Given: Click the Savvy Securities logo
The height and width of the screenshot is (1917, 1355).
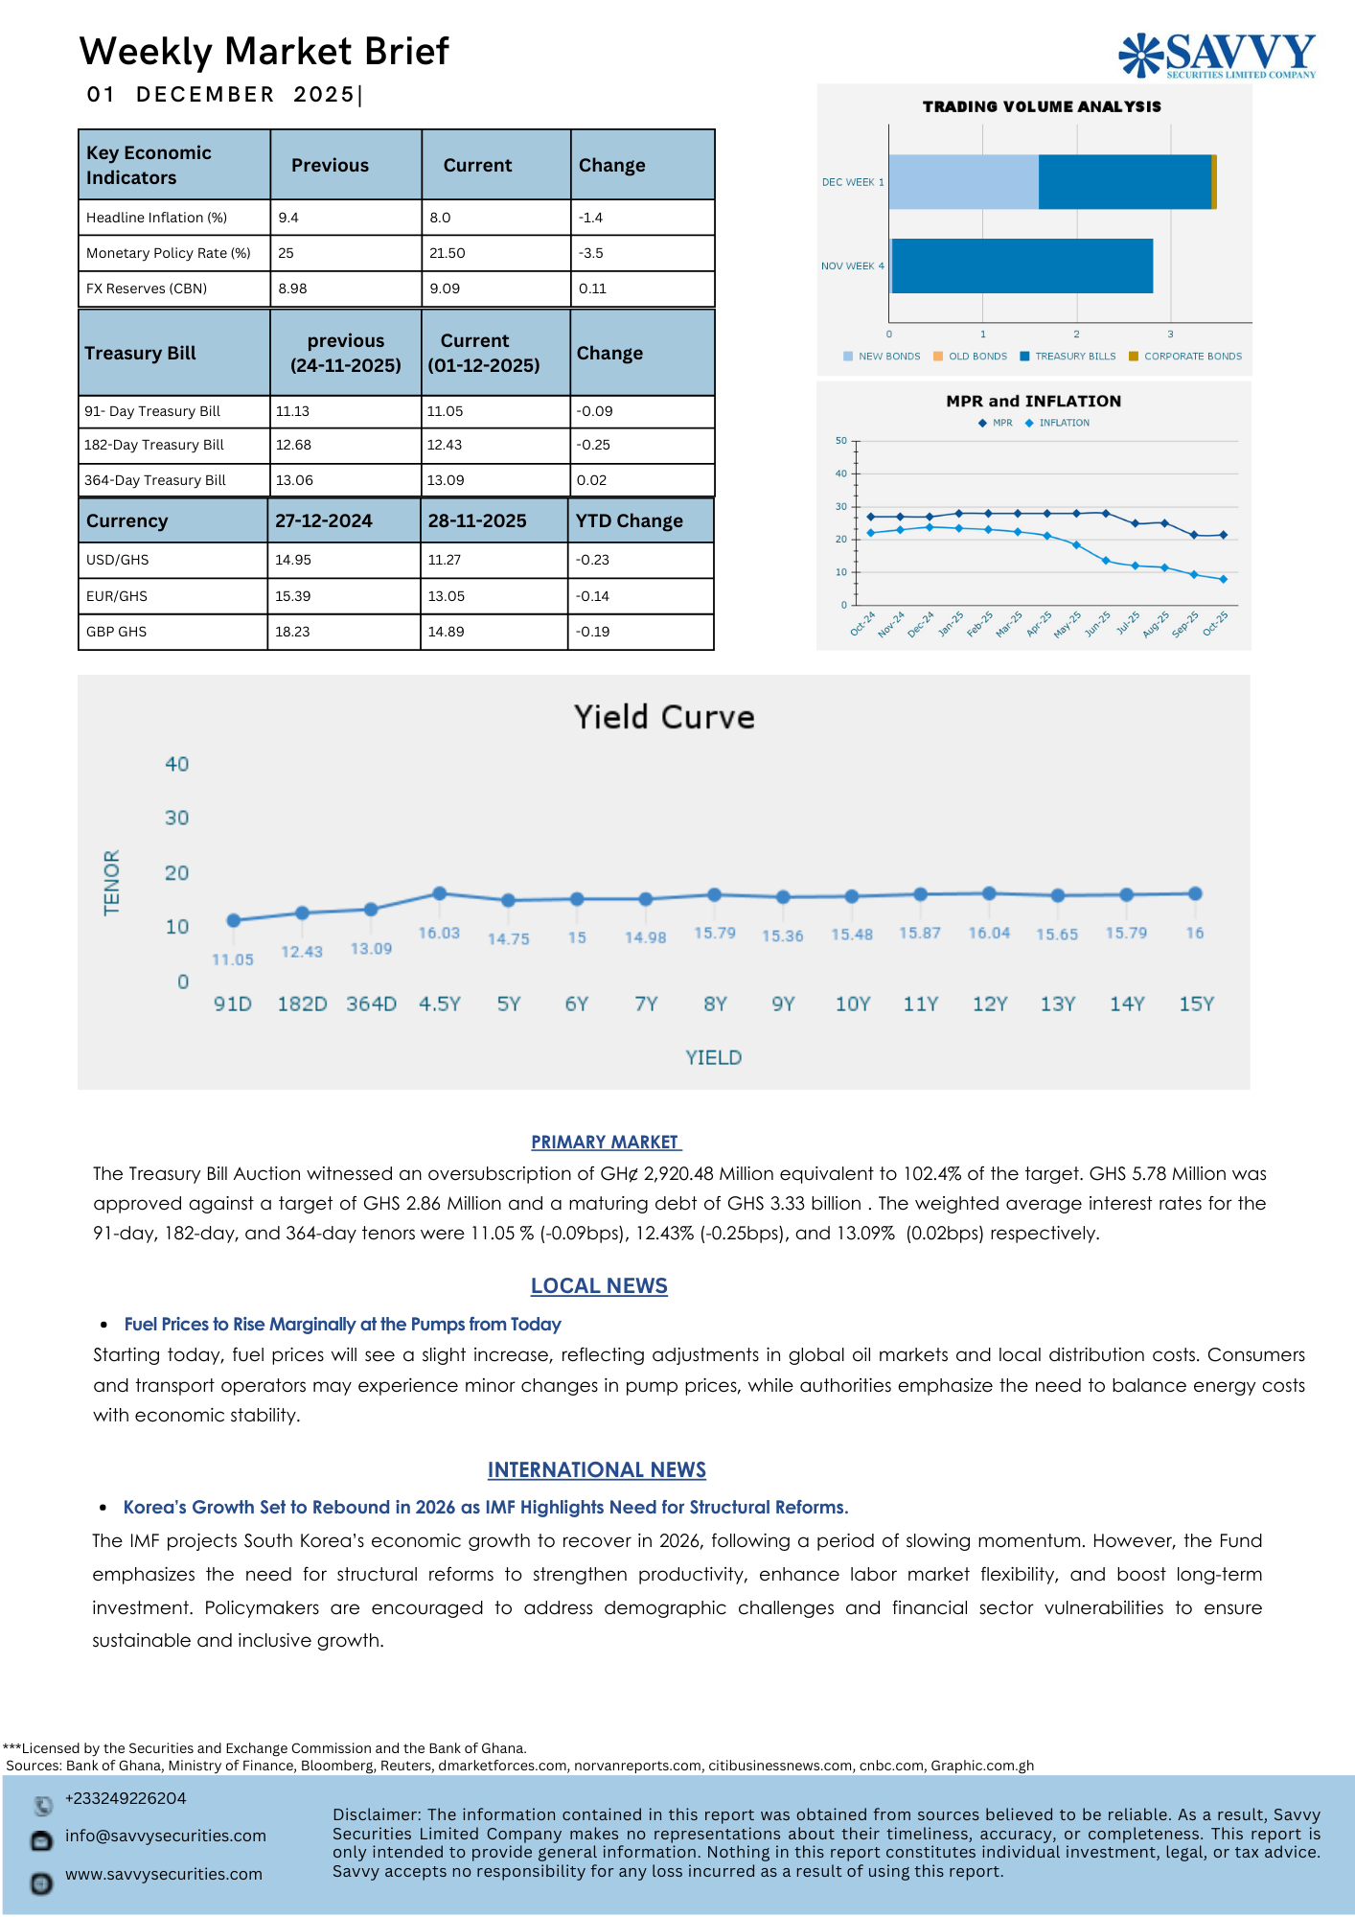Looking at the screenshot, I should tap(1217, 55).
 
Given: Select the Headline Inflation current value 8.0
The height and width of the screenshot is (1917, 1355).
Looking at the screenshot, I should tap(440, 218).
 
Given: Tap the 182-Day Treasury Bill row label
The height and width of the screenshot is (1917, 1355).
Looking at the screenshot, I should tap(154, 445).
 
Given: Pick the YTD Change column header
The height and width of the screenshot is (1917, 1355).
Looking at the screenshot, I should tap(629, 520).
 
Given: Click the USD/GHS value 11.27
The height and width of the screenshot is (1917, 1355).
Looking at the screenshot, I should tap(445, 560).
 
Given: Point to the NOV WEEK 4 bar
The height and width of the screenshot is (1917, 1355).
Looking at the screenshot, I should tap(1022, 266).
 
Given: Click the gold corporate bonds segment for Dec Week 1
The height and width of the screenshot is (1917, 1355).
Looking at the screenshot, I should tap(1214, 182).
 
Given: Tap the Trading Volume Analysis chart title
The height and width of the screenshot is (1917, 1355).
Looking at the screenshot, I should tap(1042, 106).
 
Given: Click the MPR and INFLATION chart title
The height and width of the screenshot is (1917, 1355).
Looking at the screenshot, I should tap(1033, 401).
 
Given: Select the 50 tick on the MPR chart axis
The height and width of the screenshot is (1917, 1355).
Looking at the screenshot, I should tap(841, 441).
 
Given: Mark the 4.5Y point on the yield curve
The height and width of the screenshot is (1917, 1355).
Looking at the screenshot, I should tap(440, 893).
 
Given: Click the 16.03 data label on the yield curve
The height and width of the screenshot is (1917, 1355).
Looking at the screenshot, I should tap(439, 933).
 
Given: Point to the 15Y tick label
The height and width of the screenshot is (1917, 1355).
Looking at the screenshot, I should tap(1196, 1004).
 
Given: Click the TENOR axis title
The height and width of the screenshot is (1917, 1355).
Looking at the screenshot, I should tap(112, 882).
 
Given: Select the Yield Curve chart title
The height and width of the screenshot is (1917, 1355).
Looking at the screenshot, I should tap(664, 717).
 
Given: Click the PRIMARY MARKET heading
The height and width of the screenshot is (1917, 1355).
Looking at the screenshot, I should tap(606, 1142).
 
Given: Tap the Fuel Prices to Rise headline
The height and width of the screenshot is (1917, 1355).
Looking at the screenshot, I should tap(342, 1324).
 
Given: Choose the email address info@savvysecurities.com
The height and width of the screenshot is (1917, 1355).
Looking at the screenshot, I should tap(166, 1836).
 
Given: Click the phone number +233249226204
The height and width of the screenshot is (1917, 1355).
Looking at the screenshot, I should tap(126, 1798).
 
